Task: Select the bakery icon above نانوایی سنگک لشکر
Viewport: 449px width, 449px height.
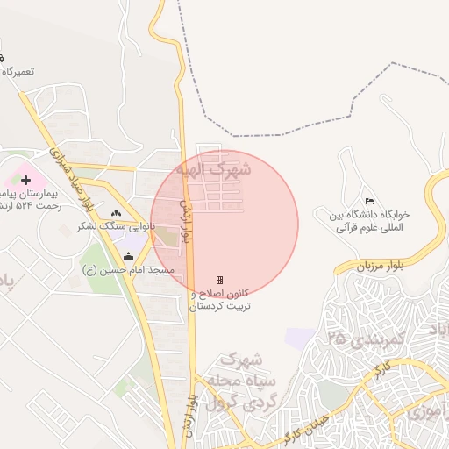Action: [116, 214]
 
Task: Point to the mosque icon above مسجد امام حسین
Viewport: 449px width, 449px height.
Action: [129, 257]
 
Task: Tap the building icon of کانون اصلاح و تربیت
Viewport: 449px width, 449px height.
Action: [219, 281]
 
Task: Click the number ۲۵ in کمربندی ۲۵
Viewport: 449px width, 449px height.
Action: [335, 337]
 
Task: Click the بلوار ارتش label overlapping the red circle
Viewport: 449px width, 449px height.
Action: [186, 219]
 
